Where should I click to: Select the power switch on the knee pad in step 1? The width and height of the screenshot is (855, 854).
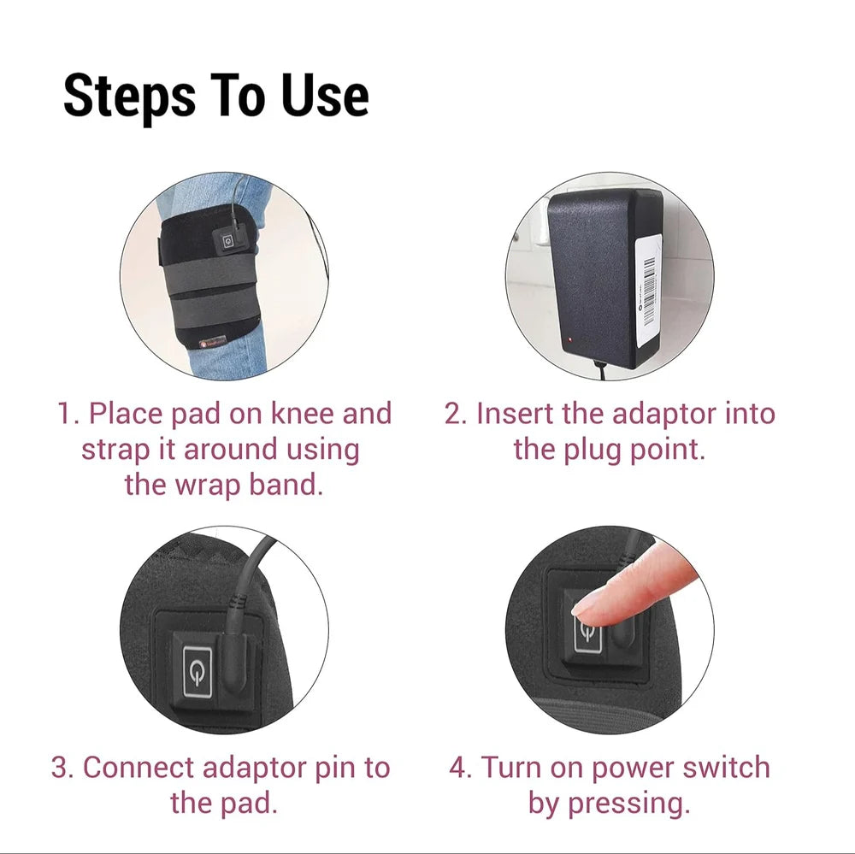pyautogui.click(x=228, y=240)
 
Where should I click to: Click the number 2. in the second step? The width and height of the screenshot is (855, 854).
pyautogui.click(x=456, y=414)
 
